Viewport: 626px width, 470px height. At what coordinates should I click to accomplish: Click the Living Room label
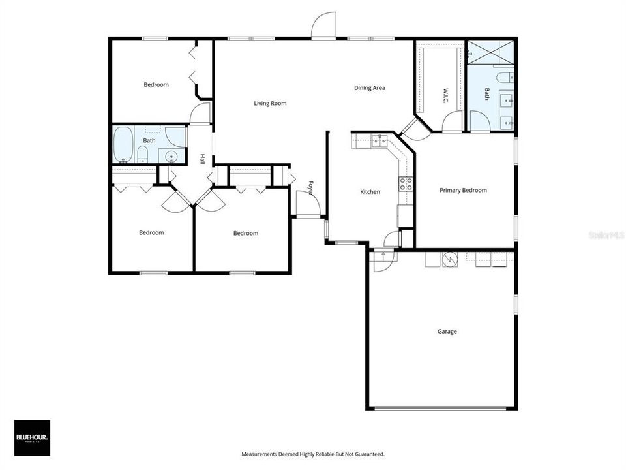point(270,103)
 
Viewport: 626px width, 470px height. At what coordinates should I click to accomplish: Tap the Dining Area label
point(370,87)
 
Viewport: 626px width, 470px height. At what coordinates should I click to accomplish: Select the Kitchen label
point(370,192)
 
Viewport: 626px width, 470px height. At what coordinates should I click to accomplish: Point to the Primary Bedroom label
point(463,190)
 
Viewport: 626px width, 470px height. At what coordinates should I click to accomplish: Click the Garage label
point(447,332)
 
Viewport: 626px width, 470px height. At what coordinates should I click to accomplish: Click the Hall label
point(203,159)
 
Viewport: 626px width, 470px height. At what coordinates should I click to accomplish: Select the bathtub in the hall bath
point(123,144)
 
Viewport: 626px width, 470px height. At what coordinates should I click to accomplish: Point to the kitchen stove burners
point(406,183)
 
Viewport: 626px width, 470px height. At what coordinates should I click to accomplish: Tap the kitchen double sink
point(380,140)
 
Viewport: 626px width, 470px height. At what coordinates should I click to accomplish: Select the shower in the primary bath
point(490,52)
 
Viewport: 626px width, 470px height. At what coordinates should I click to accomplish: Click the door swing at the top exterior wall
point(324,27)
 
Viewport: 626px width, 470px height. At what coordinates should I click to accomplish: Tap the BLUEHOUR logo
point(32,437)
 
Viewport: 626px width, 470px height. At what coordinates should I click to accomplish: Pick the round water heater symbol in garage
point(447,260)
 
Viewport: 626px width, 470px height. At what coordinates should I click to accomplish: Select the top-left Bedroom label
point(156,85)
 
